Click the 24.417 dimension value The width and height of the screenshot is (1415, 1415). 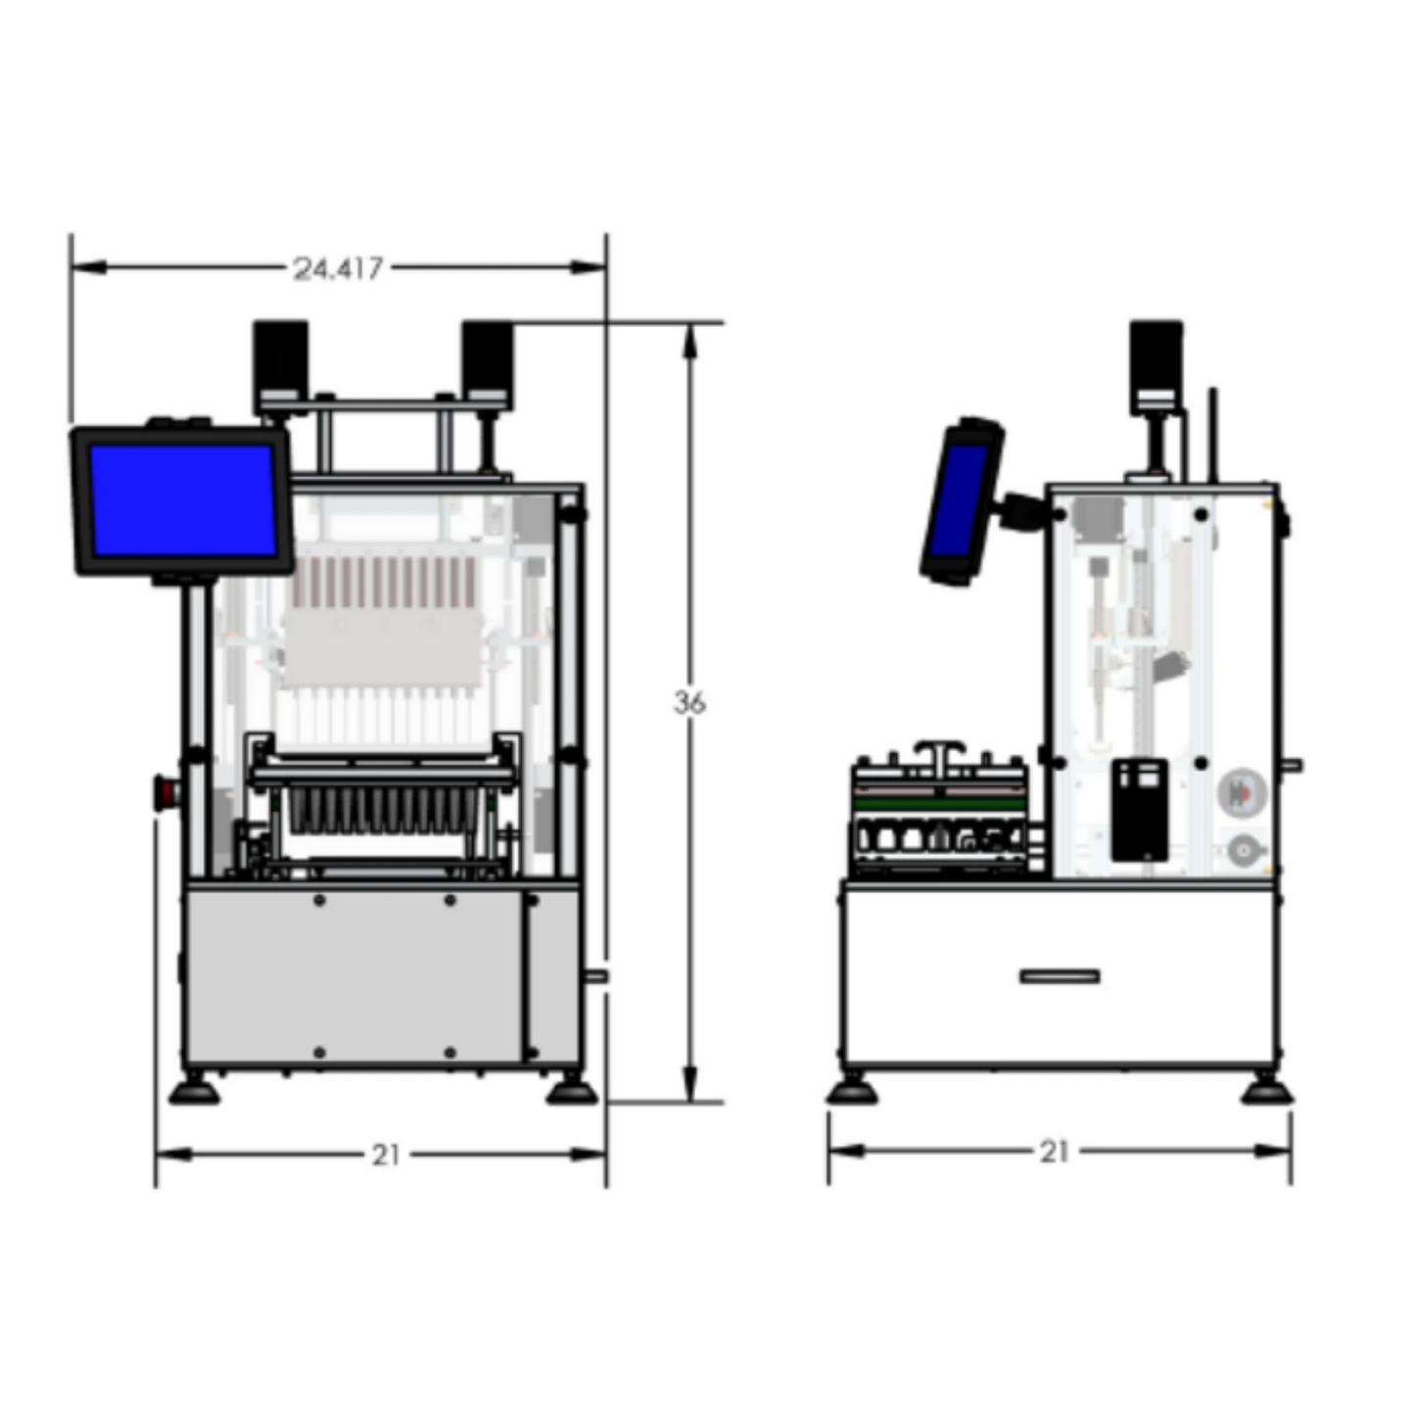[338, 268]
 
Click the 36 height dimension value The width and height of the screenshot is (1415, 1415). [689, 703]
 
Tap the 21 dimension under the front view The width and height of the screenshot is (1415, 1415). [386, 1156]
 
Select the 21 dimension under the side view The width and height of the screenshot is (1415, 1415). [1054, 1153]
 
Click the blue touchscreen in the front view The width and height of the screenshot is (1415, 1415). [183, 500]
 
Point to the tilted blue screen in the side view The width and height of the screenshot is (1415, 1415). [956, 501]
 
